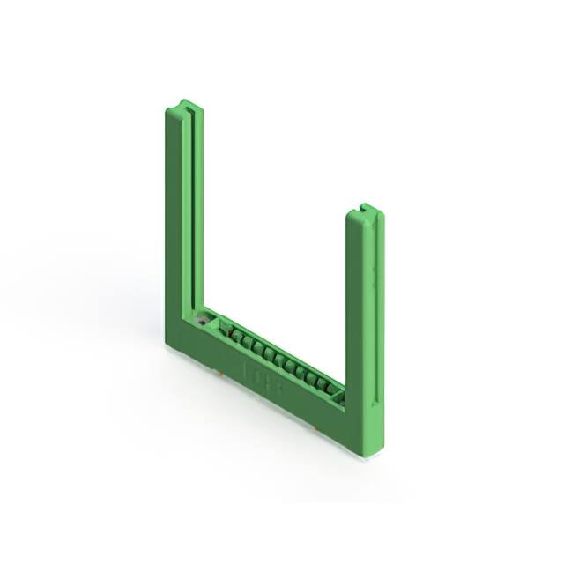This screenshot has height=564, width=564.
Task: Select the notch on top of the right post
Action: click(364, 210)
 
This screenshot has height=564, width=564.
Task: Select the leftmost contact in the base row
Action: click(224, 333)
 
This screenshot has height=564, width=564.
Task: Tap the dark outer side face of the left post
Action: click(173, 220)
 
